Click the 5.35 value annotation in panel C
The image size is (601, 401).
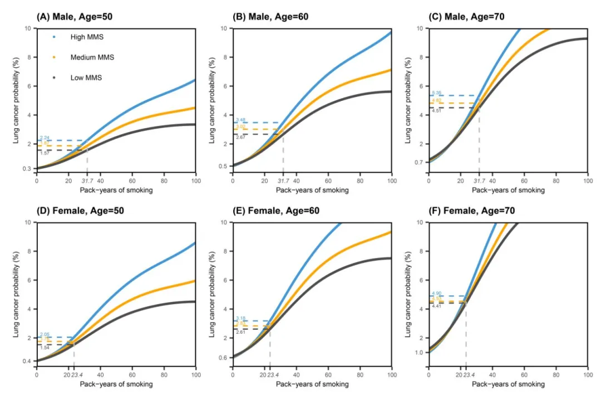(x=436, y=92)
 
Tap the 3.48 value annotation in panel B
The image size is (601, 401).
(x=240, y=120)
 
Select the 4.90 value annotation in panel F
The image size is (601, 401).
(x=436, y=293)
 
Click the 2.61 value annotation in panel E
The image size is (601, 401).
(x=240, y=332)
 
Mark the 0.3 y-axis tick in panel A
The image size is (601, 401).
(x=27, y=168)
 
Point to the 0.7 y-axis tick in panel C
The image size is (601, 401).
(x=419, y=163)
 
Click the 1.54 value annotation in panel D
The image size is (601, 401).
(x=45, y=348)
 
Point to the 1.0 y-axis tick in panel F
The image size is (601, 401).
(x=419, y=352)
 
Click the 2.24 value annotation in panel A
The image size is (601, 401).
(x=45, y=138)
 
